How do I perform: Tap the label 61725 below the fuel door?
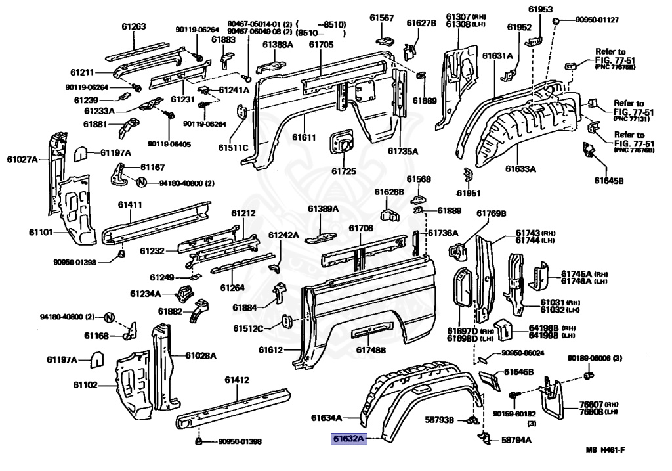pyautogui.click(x=343, y=171)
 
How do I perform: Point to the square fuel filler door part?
pyautogui.click(x=342, y=141)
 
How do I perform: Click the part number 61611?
pyautogui.click(x=304, y=137)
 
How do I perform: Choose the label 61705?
pyautogui.click(x=321, y=44)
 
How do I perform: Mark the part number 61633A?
pyautogui.click(x=520, y=169)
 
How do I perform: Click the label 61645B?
pyautogui.click(x=608, y=180)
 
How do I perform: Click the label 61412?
pyautogui.click(x=236, y=380)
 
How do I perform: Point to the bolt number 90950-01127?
pyautogui.click(x=597, y=20)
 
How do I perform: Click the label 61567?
pyautogui.click(x=381, y=18)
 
